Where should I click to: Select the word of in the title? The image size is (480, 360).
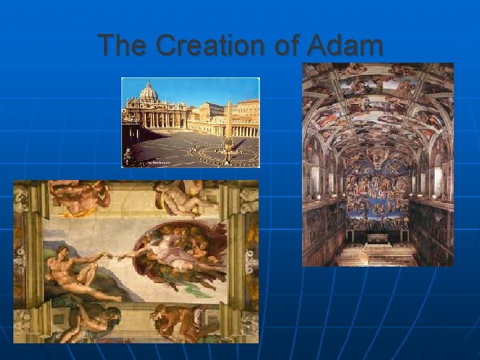[287, 46]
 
